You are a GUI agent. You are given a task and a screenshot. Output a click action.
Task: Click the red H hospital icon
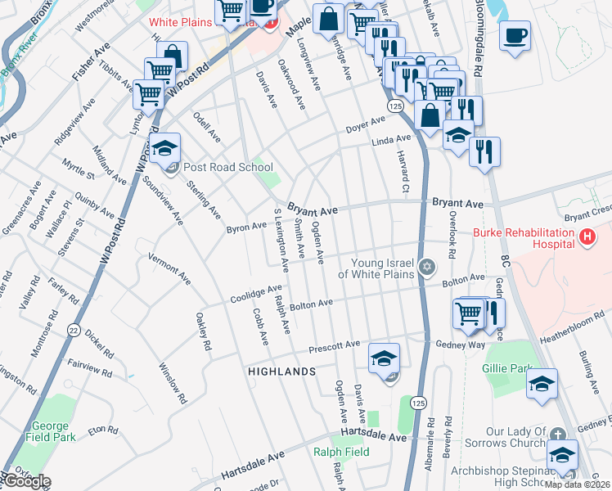(586, 238)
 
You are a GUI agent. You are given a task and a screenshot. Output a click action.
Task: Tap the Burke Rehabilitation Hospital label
(523, 238)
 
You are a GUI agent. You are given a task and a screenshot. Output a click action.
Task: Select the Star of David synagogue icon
(425, 268)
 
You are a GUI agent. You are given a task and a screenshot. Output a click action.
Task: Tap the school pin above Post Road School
(164, 149)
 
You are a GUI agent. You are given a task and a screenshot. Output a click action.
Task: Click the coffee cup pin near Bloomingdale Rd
(515, 37)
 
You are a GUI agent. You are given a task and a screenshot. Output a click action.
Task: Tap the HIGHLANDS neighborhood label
(281, 372)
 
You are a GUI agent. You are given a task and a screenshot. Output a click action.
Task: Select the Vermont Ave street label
(169, 268)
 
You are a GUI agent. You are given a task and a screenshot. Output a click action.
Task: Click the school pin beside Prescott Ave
(384, 359)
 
